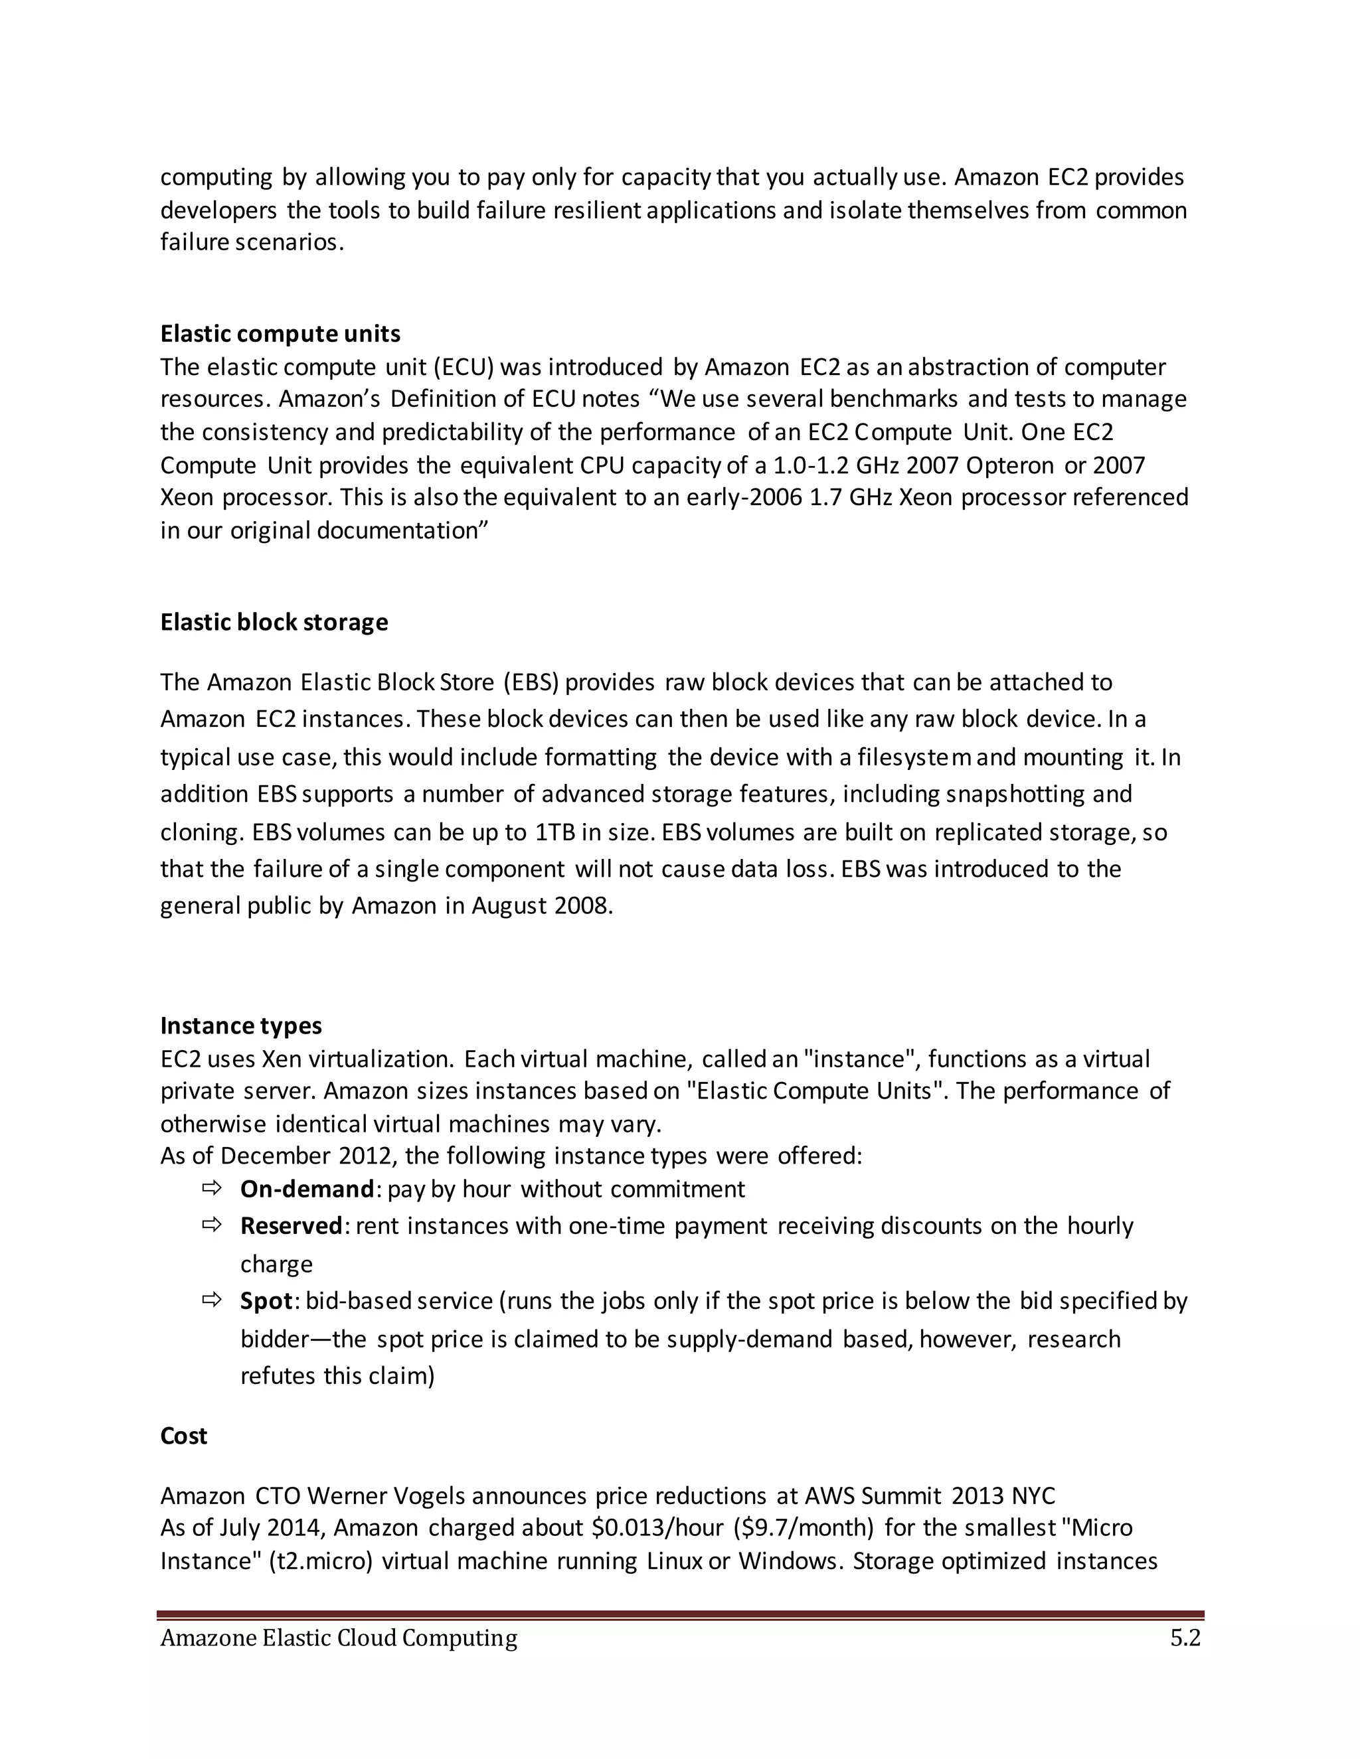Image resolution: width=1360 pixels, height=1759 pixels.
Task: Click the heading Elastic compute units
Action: (x=280, y=333)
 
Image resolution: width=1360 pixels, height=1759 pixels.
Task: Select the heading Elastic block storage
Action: (x=274, y=622)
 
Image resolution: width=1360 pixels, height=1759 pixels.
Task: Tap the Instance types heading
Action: (x=241, y=1026)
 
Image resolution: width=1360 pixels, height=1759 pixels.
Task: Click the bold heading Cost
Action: (x=184, y=1435)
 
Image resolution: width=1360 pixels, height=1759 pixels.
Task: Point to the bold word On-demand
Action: (x=307, y=1189)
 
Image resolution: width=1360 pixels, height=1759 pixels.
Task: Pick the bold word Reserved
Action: (x=292, y=1225)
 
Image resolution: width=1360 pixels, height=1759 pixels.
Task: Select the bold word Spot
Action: (x=266, y=1301)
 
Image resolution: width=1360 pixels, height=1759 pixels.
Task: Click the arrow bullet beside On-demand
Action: (x=211, y=1188)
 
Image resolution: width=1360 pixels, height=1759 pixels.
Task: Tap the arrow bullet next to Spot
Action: (x=211, y=1300)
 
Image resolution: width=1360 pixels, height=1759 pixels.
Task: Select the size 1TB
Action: (x=555, y=832)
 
